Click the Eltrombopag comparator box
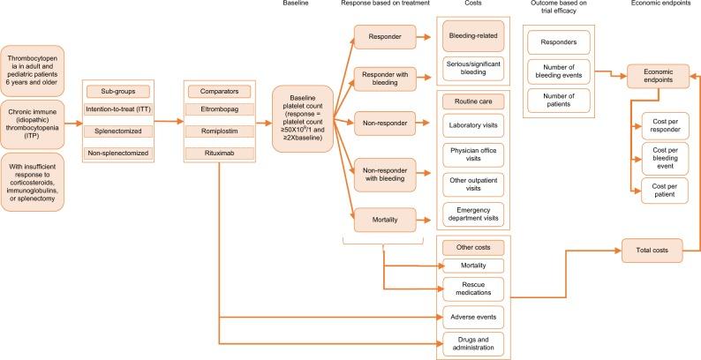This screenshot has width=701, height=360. [x=220, y=109]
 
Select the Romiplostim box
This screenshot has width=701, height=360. [x=220, y=132]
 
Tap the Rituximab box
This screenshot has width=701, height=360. [x=220, y=154]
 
